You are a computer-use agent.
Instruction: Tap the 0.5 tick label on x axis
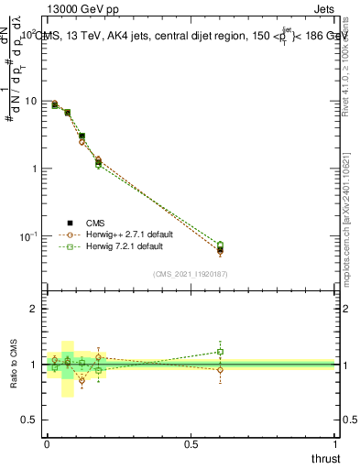[191, 445]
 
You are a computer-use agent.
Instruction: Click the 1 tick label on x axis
[336, 445]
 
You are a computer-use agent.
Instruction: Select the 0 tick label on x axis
[47, 445]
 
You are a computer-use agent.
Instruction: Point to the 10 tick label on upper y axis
[30, 101]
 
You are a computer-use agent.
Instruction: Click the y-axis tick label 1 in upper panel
[35, 169]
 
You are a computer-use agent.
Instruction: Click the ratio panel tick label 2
[35, 309]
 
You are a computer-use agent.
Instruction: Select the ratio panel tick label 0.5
[30, 419]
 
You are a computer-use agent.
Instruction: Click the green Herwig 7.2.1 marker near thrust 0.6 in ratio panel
[221, 352]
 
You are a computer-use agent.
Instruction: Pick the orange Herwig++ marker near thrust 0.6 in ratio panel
[221, 370]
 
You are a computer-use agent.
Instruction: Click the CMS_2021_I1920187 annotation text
[191, 273]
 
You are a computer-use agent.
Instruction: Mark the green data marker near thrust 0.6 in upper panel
[221, 245]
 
